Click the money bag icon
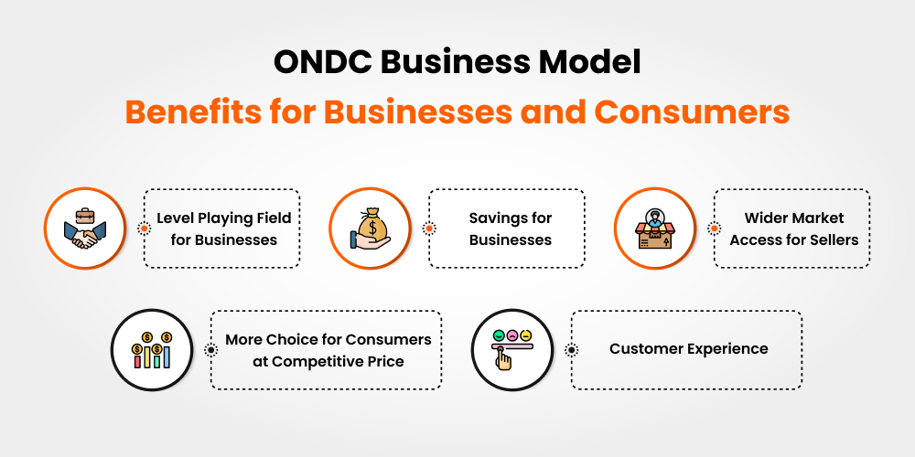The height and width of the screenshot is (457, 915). click(370, 228)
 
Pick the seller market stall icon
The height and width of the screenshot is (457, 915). click(654, 228)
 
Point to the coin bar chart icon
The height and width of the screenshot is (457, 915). click(152, 350)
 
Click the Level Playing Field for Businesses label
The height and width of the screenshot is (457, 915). click(223, 228)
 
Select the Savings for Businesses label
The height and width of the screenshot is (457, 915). click(510, 228)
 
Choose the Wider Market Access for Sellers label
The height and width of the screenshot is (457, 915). click(793, 228)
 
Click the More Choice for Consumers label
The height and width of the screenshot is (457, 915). click(328, 350)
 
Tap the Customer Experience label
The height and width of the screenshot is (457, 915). click(688, 349)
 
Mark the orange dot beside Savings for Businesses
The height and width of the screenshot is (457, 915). click(428, 228)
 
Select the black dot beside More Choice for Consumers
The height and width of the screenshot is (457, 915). click(211, 350)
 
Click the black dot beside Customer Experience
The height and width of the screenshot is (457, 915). click(572, 350)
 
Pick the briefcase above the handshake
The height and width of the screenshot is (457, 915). click(84, 216)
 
